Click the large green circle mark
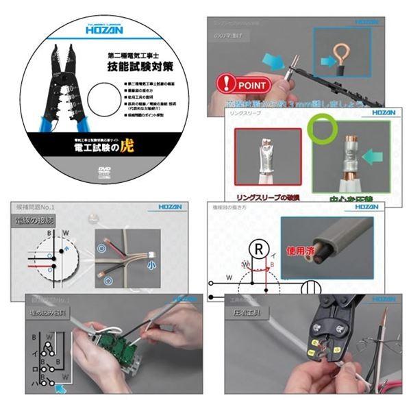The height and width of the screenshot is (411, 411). [321, 127]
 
